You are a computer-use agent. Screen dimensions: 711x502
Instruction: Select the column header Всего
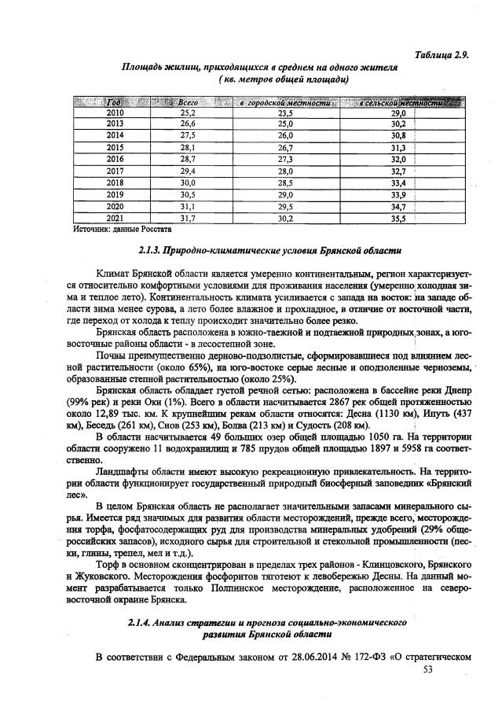(x=187, y=103)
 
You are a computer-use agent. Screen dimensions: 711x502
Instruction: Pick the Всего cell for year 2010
(x=187, y=113)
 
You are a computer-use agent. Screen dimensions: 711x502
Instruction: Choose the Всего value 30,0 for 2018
(x=187, y=182)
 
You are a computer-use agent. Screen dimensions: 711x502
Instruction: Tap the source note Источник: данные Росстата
(x=122, y=230)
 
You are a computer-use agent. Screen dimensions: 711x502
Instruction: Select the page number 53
(x=428, y=669)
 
